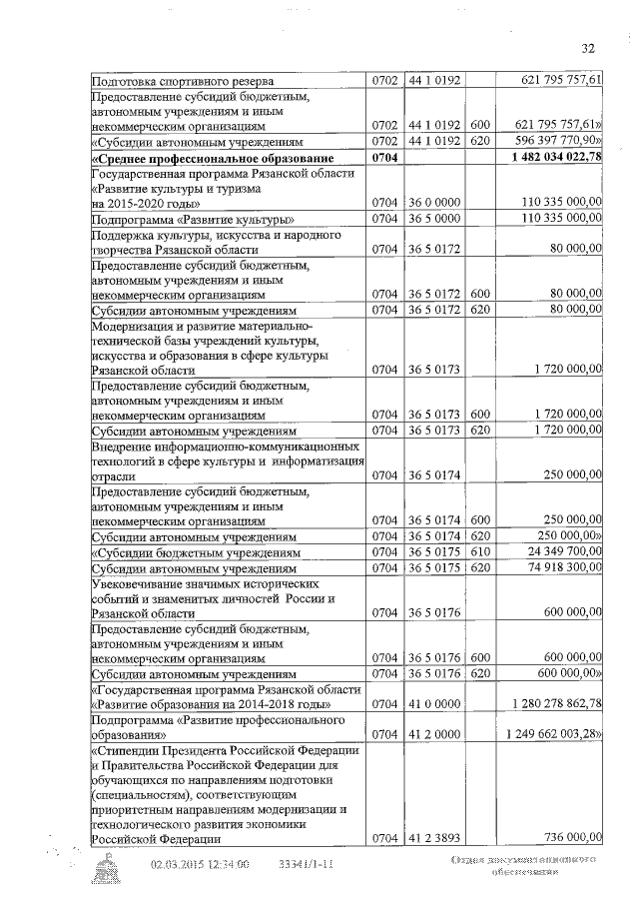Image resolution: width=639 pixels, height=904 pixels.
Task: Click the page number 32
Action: coord(587,47)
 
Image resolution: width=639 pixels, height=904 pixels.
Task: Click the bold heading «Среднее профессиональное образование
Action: coord(226,158)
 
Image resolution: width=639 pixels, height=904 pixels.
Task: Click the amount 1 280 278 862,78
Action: coord(555,704)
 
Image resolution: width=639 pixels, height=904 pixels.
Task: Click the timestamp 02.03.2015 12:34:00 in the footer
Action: coord(200,866)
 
